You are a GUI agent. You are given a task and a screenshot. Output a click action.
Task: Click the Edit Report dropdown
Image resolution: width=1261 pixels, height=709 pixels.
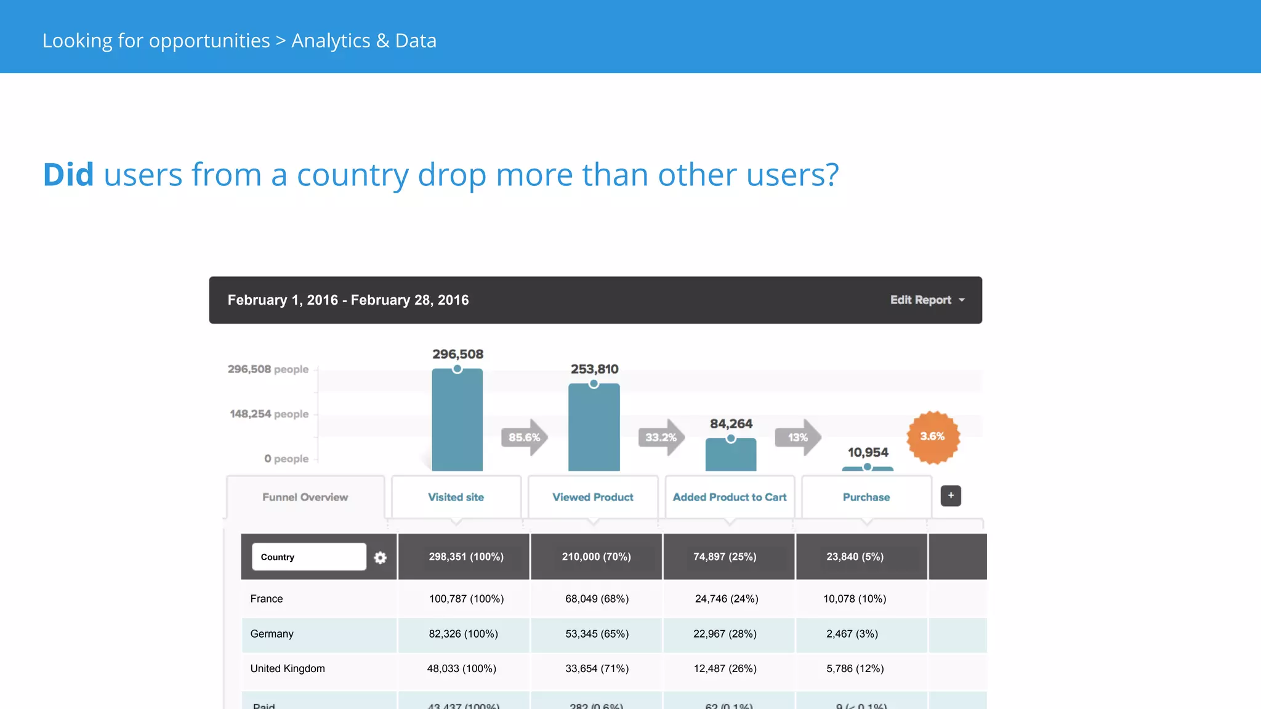pos(927,300)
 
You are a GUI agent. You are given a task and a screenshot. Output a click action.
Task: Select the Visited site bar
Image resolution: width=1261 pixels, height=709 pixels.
pos(457,422)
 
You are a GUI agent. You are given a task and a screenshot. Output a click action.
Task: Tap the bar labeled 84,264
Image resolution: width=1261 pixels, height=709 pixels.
pos(730,455)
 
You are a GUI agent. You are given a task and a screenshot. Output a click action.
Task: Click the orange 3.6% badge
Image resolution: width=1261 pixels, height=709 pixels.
pos(932,437)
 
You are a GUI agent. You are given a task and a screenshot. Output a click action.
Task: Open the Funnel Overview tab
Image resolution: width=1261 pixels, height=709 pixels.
pos(305,497)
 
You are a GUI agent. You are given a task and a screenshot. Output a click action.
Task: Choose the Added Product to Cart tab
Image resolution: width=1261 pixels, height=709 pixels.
pos(730,497)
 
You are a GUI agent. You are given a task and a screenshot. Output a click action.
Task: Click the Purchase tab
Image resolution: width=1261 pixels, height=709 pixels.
pos(866,497)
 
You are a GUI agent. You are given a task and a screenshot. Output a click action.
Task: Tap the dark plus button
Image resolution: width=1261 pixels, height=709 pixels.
pos(951,496)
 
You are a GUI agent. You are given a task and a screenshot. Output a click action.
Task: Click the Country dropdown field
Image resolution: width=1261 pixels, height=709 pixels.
pos(308,557)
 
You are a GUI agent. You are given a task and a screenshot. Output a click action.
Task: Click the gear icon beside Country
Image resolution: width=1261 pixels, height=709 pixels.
pos(381,558)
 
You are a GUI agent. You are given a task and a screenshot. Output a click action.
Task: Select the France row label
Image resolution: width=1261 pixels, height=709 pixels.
pos(267,599)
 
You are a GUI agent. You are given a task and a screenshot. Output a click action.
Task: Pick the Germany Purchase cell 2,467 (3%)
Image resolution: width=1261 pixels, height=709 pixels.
pos(852,634)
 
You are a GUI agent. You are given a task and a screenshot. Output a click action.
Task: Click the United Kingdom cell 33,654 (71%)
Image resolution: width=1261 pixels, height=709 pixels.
pos(597,668)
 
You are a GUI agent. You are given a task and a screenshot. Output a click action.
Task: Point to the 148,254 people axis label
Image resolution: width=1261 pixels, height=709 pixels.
pos(269,414)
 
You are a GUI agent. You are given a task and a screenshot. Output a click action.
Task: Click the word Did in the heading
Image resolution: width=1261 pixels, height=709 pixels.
pos(68,175)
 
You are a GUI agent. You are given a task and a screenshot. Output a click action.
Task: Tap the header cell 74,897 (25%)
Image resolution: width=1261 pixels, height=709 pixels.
pos(725,557)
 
